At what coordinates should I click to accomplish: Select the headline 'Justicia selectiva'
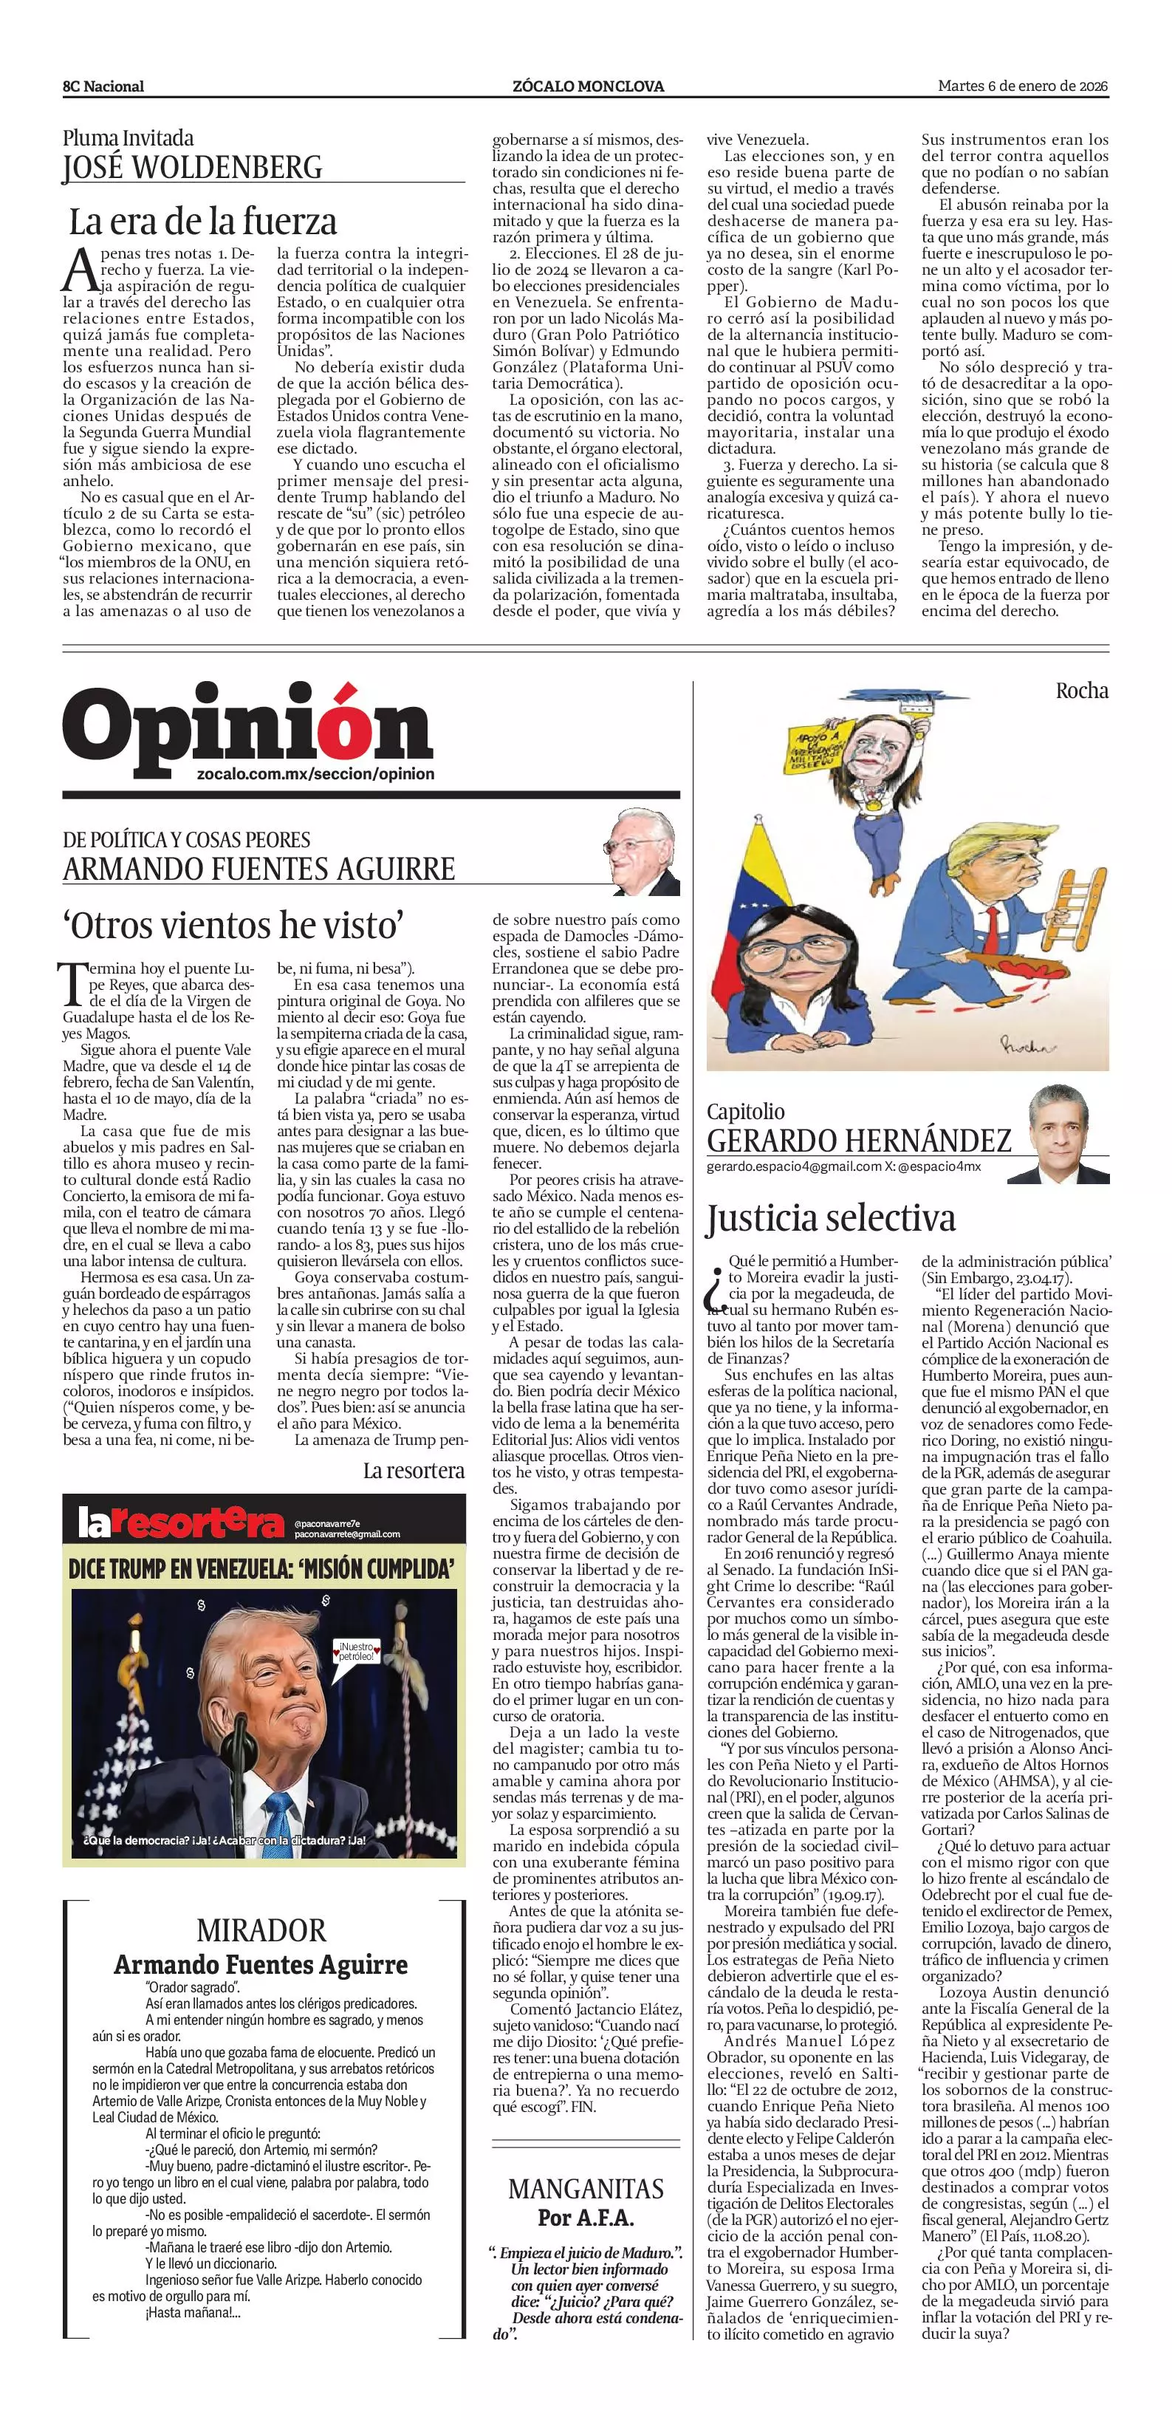point(831,1217)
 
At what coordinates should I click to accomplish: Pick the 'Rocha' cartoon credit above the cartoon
point(1082,691)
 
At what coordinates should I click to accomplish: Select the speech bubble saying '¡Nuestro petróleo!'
point(357,1652)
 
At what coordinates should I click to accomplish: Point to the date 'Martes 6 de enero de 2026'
point(1023,86)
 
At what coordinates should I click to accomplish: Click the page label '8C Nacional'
point(103,86)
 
